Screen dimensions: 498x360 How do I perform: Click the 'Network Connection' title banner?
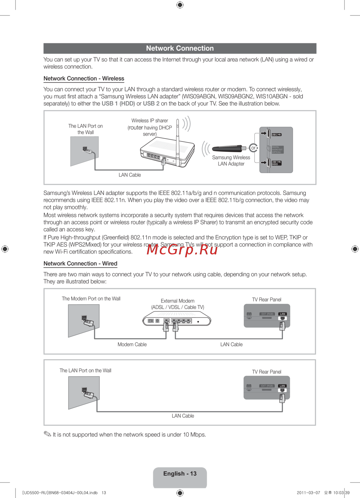[x=180, y=48]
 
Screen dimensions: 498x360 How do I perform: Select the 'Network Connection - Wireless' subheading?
[x=84, y=78]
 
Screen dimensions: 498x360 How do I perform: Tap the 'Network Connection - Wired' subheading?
[x=80, y=263]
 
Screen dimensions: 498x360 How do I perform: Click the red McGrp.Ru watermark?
[x=182, y=249]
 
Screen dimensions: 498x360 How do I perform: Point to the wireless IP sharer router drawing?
[x=167, y=153]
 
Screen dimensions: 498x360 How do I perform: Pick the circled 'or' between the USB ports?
[x=253, y=148]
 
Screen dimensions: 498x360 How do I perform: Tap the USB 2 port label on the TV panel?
[x=276, y=135]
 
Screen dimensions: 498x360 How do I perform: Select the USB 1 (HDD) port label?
[x=276, y=163]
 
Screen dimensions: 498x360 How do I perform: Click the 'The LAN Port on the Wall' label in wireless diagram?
[x=86, y=129]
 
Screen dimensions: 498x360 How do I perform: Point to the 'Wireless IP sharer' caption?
[x=150, y=121]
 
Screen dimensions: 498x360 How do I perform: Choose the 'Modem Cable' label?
[x=132, y=344]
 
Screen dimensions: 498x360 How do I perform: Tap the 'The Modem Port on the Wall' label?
[x=91, y=299]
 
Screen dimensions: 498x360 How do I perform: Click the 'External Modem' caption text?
[x=177, y=301]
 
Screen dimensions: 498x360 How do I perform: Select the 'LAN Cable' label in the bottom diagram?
[x=183, y=416]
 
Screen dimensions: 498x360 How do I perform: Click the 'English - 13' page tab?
[x=180, y=474]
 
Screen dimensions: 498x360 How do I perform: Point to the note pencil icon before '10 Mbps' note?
[x=47, y=434]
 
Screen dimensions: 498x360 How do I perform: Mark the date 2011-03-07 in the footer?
[x=308, y=493]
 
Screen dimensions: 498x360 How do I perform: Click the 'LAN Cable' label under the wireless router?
[x=130, y=175]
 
